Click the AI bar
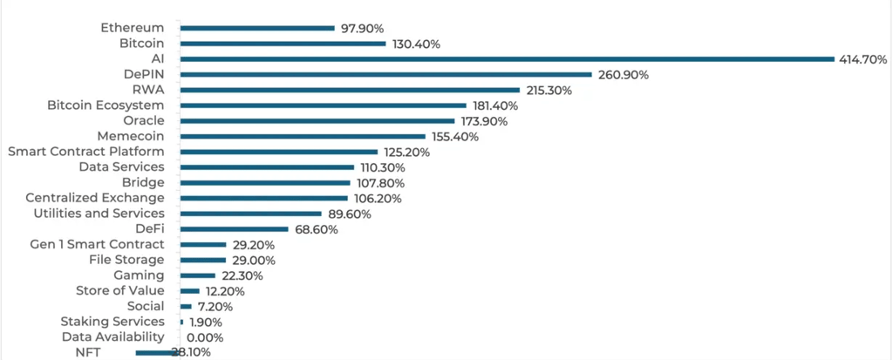point(507,59)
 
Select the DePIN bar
point(385,75)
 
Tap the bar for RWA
point(350,90)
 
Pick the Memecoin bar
point(303,137)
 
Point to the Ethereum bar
point(257,28)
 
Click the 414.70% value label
point(863,59)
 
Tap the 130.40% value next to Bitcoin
point(416,44)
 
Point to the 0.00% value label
point(206,337)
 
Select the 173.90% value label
point(485,121)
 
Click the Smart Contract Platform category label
point(85,152)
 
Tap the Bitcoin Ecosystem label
point(106,105)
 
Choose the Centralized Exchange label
point(95,198)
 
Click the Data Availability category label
point(112,337)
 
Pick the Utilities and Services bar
point(250,214)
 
